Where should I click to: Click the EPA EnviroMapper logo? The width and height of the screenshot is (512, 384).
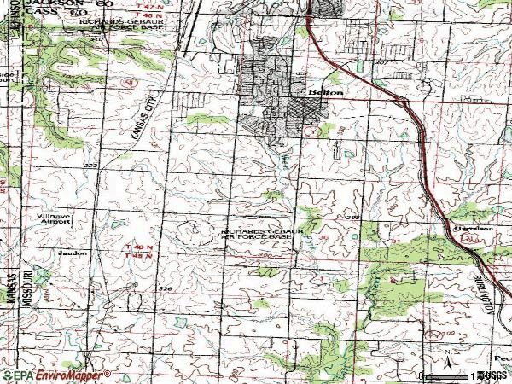pyautogui.click(x=55, y=375)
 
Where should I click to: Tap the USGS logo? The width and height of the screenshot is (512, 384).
pyautogui.click(x=491, y=375)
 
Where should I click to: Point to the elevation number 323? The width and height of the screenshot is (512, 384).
pyautogui.click(x=91, y=165)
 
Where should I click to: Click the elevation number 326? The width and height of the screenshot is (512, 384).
pyautogui.click(x=166, y=289)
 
